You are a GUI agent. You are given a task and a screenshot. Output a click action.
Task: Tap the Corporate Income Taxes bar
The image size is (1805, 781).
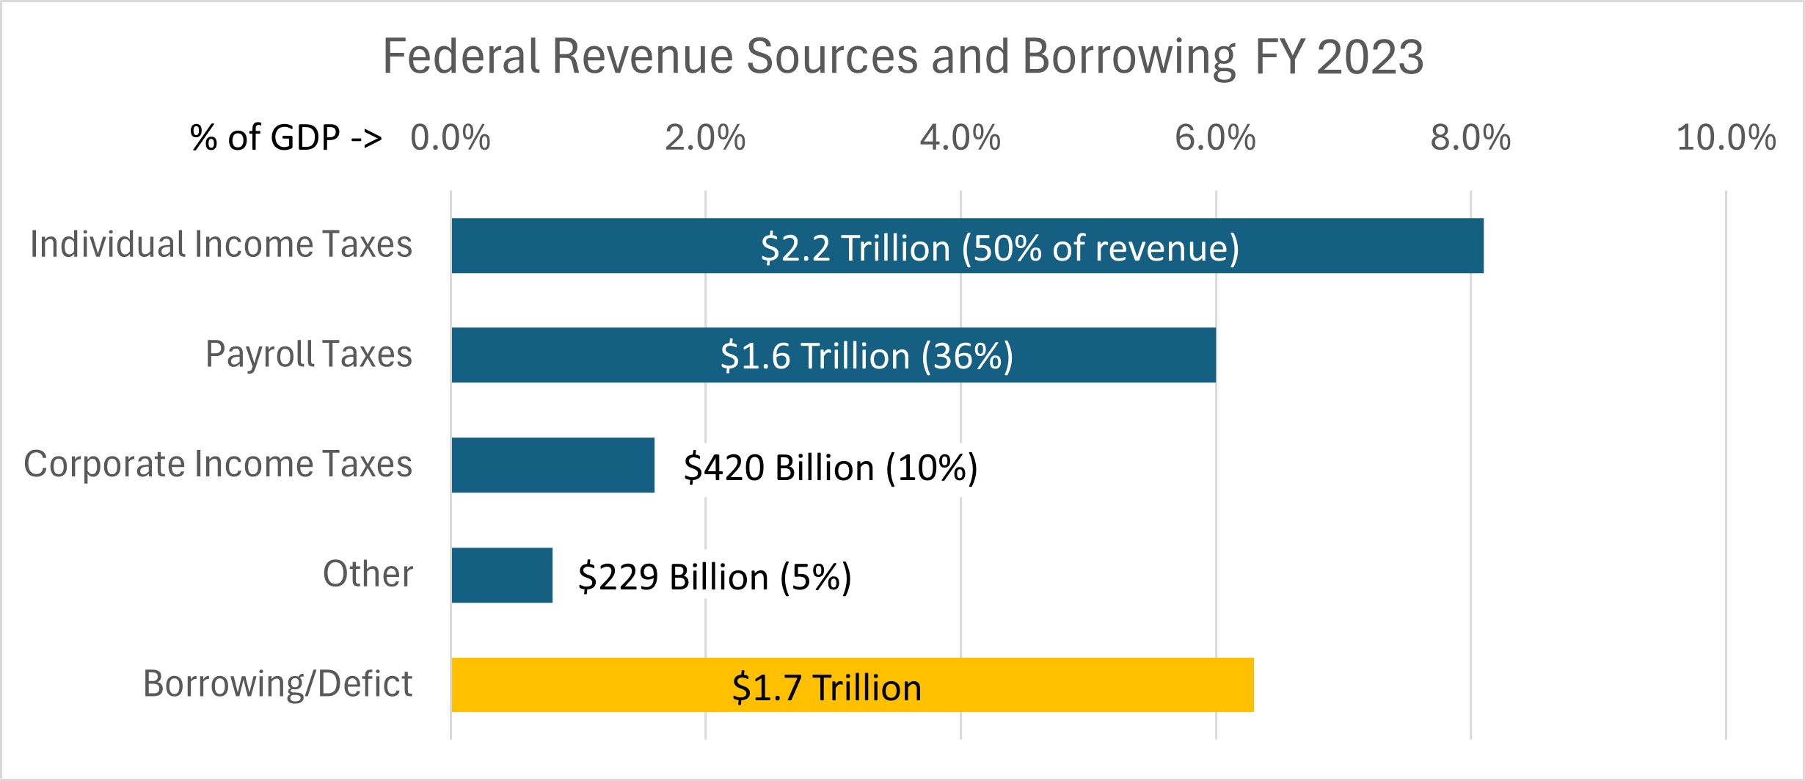tap(553, 465)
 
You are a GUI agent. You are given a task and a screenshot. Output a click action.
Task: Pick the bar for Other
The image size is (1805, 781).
tap(502, 575)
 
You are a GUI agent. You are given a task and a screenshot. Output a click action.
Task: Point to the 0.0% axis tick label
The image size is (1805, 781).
tap(450, 138)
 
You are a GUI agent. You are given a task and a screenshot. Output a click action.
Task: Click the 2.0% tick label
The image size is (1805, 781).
tap(705, 138)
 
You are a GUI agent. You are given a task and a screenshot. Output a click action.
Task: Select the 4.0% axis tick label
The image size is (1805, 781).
tap(960, 138)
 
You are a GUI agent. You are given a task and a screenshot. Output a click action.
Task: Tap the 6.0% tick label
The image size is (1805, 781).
tap(1215, 138)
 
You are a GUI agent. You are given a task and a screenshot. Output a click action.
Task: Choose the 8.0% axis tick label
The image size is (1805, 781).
tap(1470, 138)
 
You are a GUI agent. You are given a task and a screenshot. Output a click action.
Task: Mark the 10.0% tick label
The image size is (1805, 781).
tap(1726, 138)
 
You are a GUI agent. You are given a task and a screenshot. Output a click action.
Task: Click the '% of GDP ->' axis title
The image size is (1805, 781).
tap(285, 138)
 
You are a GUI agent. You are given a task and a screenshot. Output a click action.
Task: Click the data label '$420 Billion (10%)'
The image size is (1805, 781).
tap(831, 468)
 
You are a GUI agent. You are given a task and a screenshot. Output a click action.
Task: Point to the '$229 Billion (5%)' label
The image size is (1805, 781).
tap(715, 577)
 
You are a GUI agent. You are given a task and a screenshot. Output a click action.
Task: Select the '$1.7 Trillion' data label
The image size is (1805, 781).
tap(827, 688)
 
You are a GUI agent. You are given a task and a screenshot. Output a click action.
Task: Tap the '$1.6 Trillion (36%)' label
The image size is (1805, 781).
tap(867, 356)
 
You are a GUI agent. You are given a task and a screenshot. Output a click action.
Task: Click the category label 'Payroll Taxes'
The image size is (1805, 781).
tap(309, 354)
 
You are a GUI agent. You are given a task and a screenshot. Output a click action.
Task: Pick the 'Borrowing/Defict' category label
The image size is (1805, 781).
tap(277, 684)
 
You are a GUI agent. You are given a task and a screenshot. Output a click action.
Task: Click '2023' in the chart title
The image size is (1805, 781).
tap(1370, 57)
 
